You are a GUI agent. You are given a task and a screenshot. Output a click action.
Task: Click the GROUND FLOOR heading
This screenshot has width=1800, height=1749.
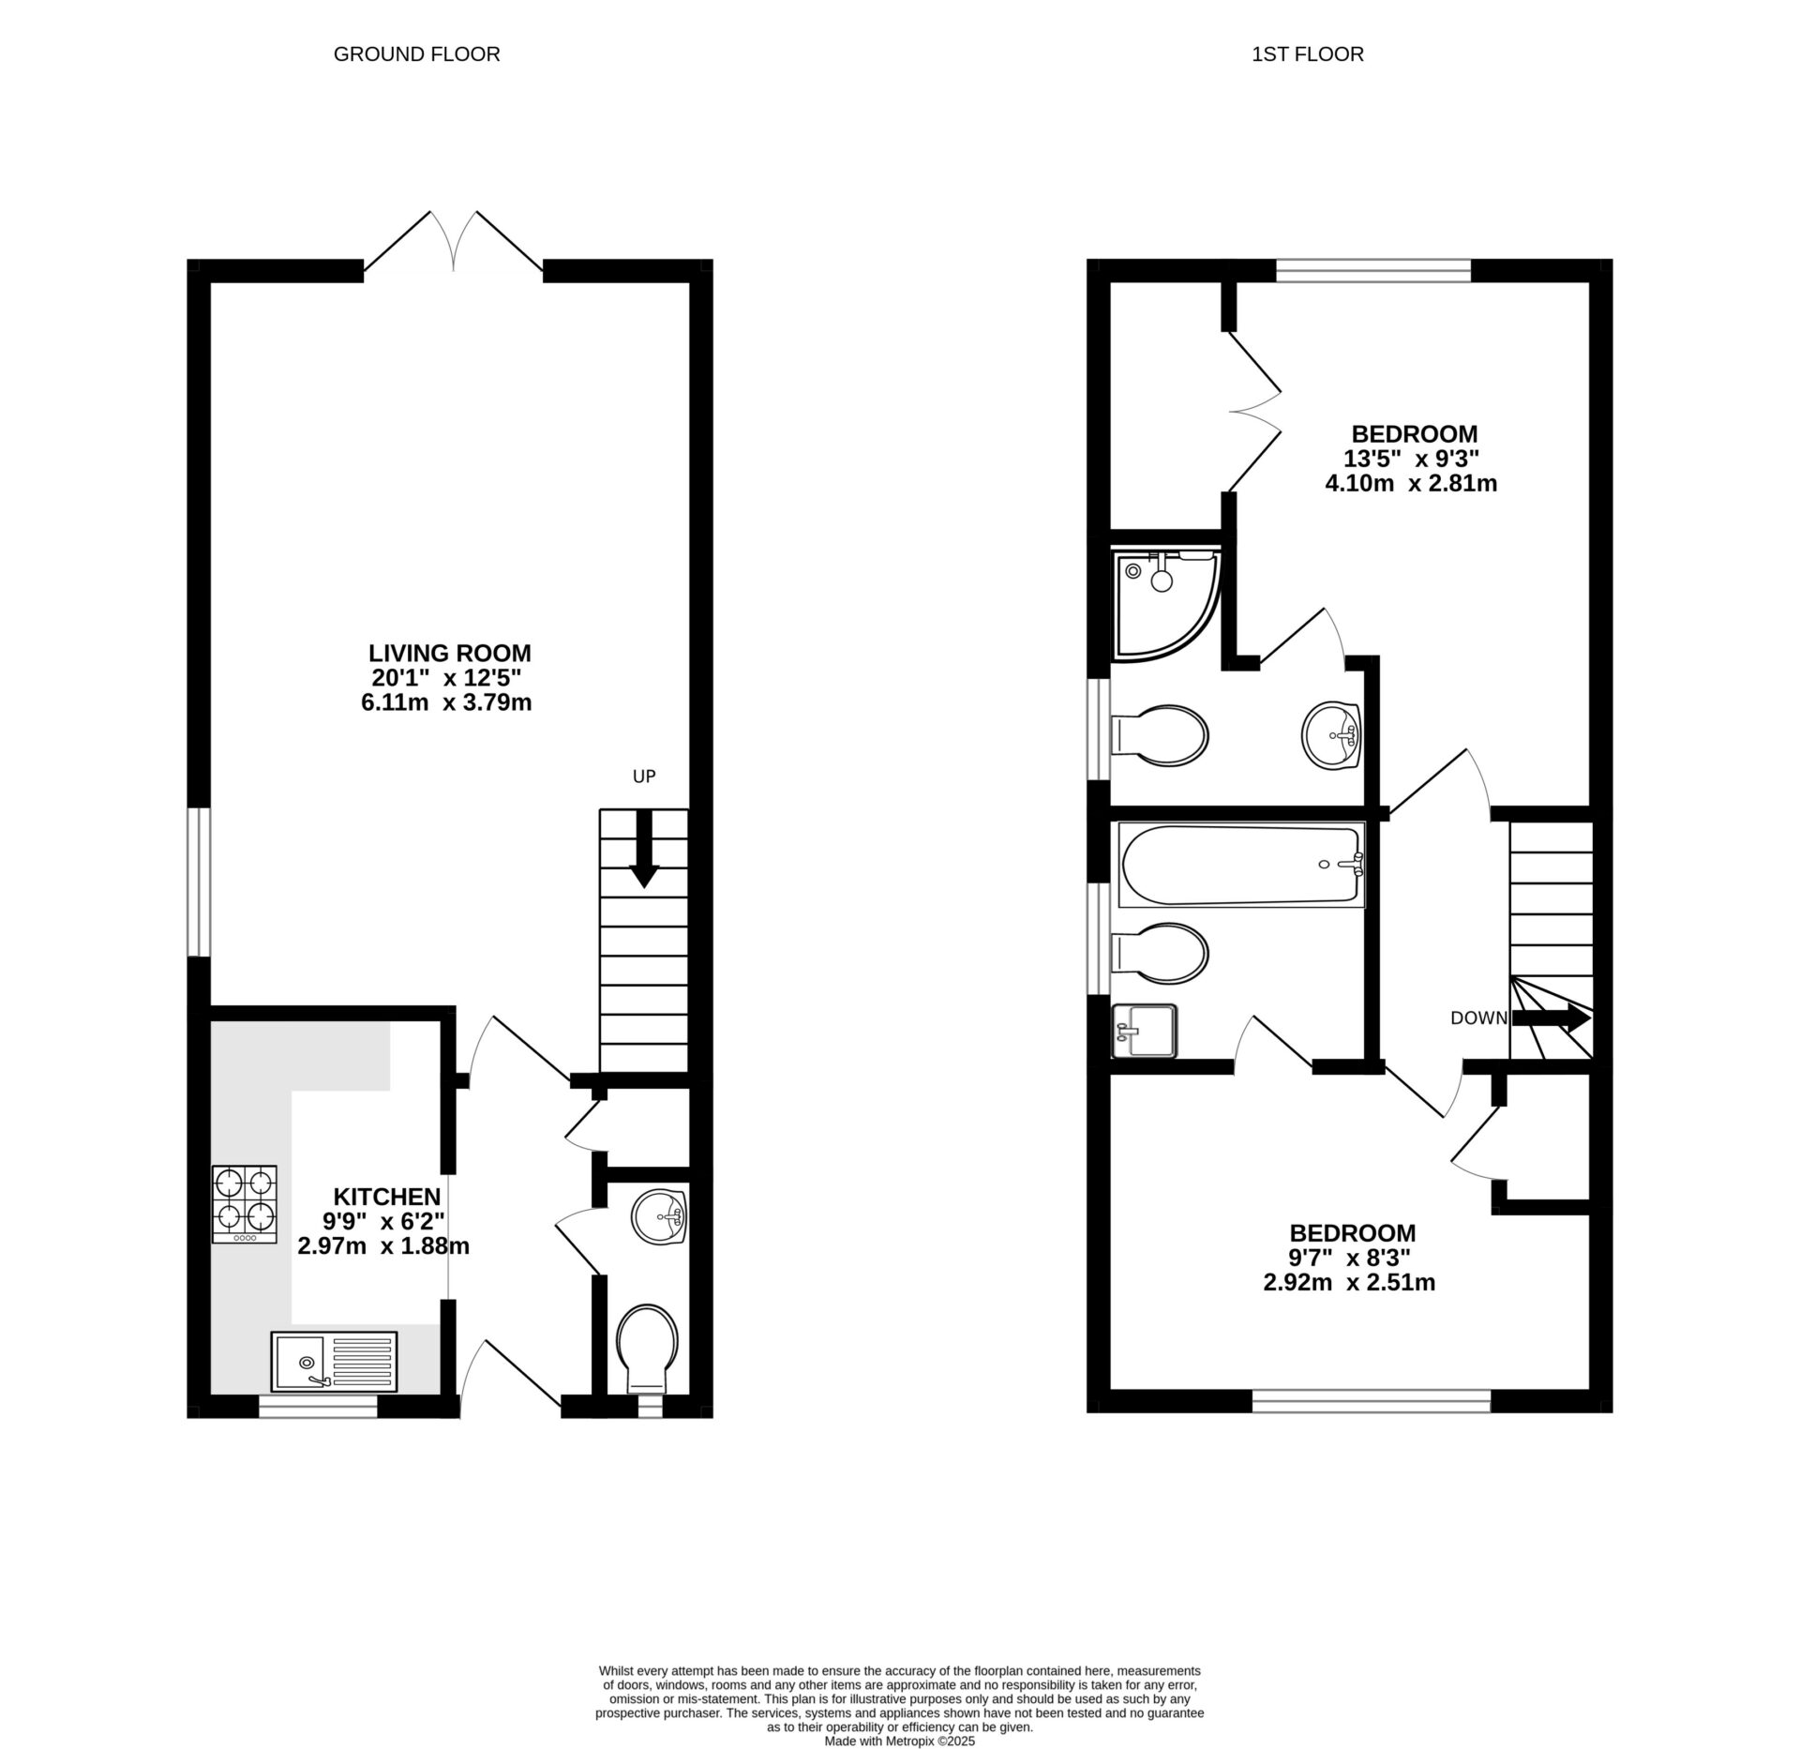point(416,54)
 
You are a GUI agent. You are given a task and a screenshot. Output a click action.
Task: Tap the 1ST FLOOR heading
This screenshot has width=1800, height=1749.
point(1307,54)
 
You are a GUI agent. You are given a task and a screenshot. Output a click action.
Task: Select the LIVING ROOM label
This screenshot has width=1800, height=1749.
point(449,653)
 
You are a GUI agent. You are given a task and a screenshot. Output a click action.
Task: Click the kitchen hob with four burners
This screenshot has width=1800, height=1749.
point(245,1203)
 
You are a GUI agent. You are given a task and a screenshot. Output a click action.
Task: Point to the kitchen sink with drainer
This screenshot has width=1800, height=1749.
point(334,1361)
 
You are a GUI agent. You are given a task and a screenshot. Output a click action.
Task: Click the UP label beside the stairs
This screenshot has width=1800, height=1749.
point(644,776)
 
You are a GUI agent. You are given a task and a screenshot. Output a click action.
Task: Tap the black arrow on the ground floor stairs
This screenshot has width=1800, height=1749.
point(644,848)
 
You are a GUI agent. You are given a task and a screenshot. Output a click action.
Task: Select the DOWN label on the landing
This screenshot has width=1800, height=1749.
point(1478,1018)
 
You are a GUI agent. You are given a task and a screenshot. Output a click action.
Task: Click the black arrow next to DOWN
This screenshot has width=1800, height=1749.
point(1552,1018)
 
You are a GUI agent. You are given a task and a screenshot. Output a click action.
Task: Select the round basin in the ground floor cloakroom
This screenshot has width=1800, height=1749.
point(660,1216)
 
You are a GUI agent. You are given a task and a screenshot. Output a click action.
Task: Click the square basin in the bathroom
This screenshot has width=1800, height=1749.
point(1144,1031)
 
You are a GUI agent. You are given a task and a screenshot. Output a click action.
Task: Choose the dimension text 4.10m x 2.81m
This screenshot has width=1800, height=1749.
point(1410,484)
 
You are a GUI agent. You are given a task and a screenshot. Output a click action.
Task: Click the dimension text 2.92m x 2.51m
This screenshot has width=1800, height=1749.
point(1349,1282)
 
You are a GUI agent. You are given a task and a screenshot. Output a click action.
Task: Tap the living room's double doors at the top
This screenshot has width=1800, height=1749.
point(454,241)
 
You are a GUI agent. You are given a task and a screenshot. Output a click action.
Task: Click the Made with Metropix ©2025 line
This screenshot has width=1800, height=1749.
point(899,1741)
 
